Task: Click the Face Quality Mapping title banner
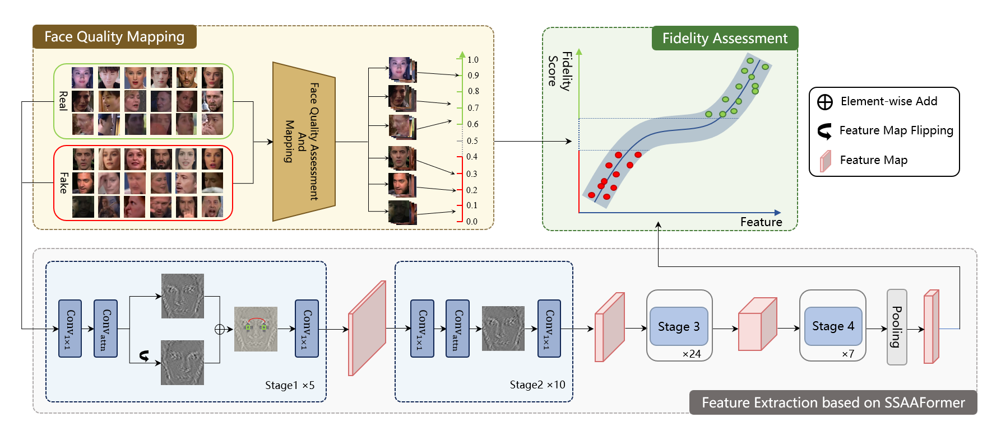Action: tap(114, 37)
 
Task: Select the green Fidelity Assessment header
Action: tap(725, 38)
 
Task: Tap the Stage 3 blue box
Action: tap(679, 326)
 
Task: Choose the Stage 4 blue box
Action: tap(833, 326)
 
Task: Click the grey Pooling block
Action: tap(897, 327)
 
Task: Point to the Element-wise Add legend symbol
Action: tap(825, 102)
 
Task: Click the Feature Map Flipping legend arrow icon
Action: tap(824, 132)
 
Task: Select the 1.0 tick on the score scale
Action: tap(473, 60)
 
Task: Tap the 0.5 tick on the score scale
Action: tap(472, 141)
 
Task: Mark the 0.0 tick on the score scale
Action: tap(472, 222)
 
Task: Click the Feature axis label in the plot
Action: tap(761, 222)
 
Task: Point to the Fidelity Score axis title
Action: tap(560, 71)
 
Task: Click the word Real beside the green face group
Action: tap(63, 101)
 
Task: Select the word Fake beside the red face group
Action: tap(63, 182)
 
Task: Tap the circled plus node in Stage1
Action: tap(220, 330)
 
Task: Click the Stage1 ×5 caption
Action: tap(290, 386)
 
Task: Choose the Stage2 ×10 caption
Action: tap(537, 385)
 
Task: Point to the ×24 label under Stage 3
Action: tap(692, 354)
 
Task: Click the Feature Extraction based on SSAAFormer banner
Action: tap(833, 402)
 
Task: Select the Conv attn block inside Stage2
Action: tap(457, 329)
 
